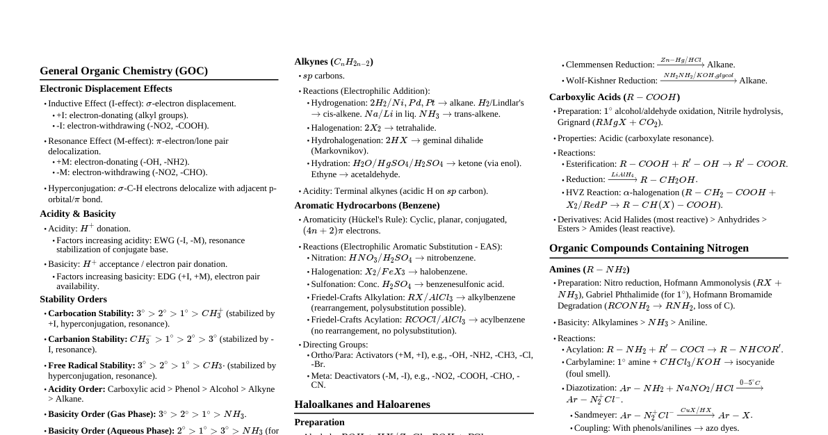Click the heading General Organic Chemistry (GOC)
pos(124,71)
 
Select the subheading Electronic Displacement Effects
pos(106,89)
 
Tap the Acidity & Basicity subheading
pos(78,214)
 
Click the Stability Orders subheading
pos(73,299)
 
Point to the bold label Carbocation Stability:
pos(91,313)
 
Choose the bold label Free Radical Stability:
pos(92,366)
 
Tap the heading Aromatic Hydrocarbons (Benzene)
pos(367,206)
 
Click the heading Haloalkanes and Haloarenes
pos(362,404)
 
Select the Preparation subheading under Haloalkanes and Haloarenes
pos(319,422)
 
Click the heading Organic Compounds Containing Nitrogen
pos(649,248)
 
